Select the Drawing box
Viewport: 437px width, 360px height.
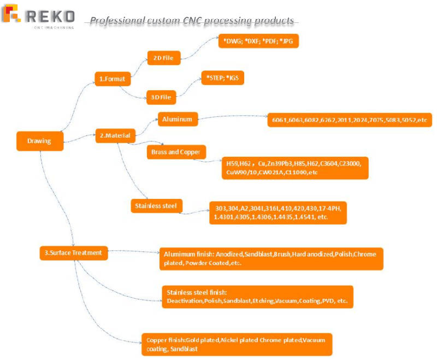40,141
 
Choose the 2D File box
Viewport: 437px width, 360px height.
164,58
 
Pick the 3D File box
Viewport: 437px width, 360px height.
161,97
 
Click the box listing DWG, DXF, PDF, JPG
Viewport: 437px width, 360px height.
258,41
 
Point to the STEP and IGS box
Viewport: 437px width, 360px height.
222,78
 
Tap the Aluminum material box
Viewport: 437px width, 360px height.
178,118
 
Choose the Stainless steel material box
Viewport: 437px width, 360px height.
156,206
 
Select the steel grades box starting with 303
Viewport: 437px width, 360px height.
277,213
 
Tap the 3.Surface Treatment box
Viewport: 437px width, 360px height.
73,253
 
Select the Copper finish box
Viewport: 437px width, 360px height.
236,344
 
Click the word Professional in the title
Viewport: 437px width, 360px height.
113,21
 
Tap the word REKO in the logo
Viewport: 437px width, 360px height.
50,16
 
